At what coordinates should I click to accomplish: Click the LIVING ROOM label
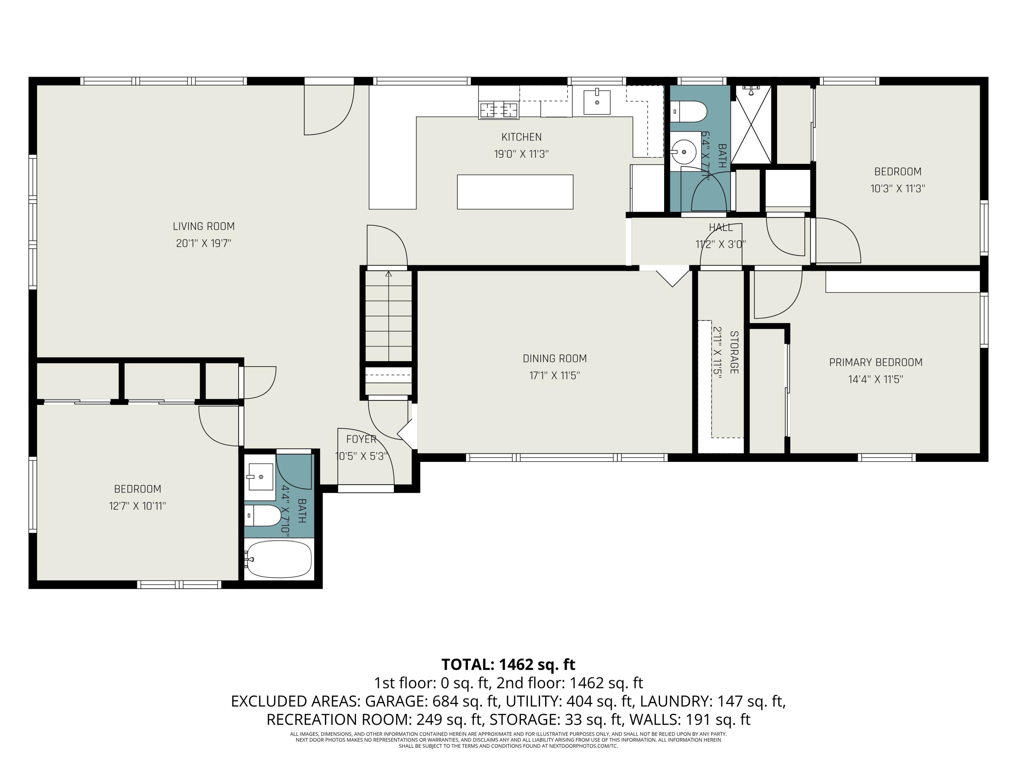pos(204,226)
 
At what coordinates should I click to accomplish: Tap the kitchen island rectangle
pos(515,192)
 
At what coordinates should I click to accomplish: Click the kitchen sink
pos(597,102)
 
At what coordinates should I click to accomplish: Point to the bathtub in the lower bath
pos(279,559)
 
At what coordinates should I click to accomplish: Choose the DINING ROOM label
pos(555,358)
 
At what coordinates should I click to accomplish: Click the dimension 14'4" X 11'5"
pos(876,379)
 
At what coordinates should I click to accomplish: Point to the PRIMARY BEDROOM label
pos(876,363)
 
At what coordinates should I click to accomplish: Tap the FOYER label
pos(361,439)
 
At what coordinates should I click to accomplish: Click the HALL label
pos(720,227)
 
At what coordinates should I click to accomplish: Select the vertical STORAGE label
pos(734,352)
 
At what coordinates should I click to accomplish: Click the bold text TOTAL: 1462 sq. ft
pos(508,665)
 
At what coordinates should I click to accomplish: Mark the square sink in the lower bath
pos(261,476)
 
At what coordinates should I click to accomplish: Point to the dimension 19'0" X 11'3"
pos(521,154)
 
